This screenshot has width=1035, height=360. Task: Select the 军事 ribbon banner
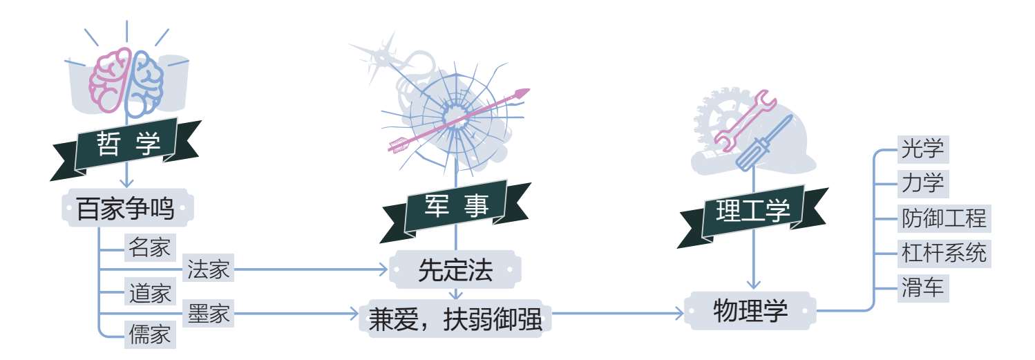(456, 206)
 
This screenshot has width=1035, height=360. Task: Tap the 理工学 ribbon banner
(752, 212)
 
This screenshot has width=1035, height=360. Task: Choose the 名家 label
(149, 247)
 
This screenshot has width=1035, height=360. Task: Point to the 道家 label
(149, 293)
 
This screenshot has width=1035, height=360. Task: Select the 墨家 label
(209, 315)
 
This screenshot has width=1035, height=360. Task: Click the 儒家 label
(149, 337)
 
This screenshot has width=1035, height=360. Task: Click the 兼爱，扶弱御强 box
(455, 320)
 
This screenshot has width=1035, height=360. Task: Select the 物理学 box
(750, 312)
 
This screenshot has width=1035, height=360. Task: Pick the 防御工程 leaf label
(943, 218)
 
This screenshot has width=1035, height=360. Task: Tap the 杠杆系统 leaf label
(943, 253)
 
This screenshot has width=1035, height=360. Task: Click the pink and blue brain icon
(126, 82)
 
